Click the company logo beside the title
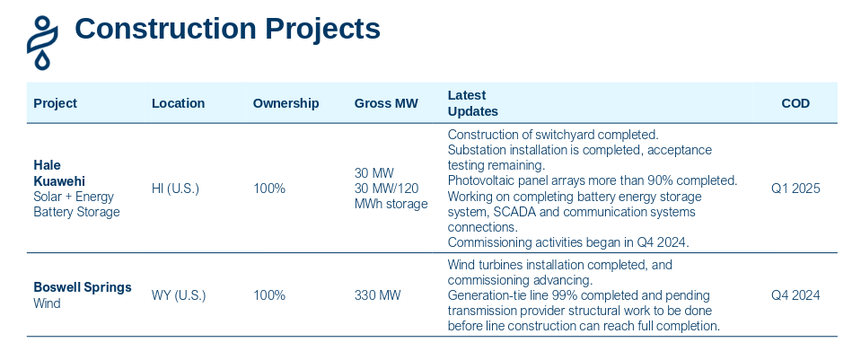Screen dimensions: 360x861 42,40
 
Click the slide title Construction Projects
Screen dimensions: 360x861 227,29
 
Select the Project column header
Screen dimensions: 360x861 55,103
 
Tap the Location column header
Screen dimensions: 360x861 178,103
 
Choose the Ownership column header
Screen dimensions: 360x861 286,103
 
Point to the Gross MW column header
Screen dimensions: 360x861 386,103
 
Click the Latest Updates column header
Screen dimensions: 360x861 472,103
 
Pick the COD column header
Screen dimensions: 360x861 795,103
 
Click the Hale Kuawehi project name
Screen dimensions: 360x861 59,172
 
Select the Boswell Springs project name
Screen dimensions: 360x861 83,287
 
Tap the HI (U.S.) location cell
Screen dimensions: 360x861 175,189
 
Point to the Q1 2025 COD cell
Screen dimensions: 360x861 795,189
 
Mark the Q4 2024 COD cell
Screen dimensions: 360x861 795,295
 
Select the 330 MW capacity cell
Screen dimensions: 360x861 377,295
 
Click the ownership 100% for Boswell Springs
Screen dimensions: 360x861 269,295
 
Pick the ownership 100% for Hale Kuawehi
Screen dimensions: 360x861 269,189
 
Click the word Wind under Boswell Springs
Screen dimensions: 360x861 47,303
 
